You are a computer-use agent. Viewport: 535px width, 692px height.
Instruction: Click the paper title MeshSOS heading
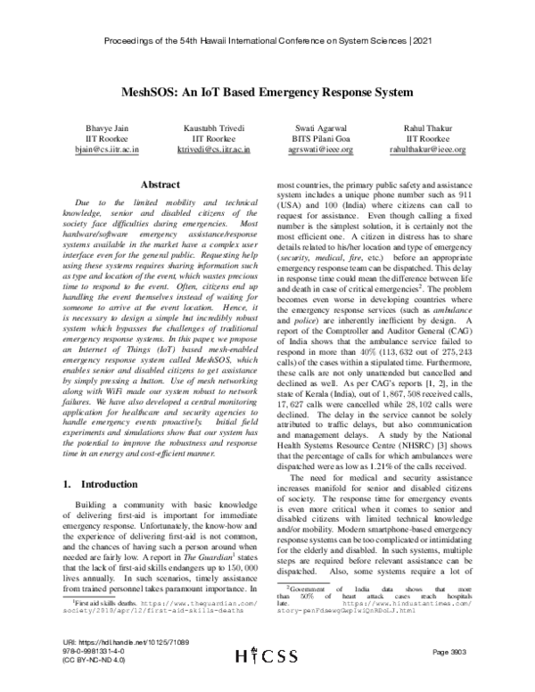click(x=267, y=92)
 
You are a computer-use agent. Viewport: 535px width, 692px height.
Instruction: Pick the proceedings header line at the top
click(x=267, y=42)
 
